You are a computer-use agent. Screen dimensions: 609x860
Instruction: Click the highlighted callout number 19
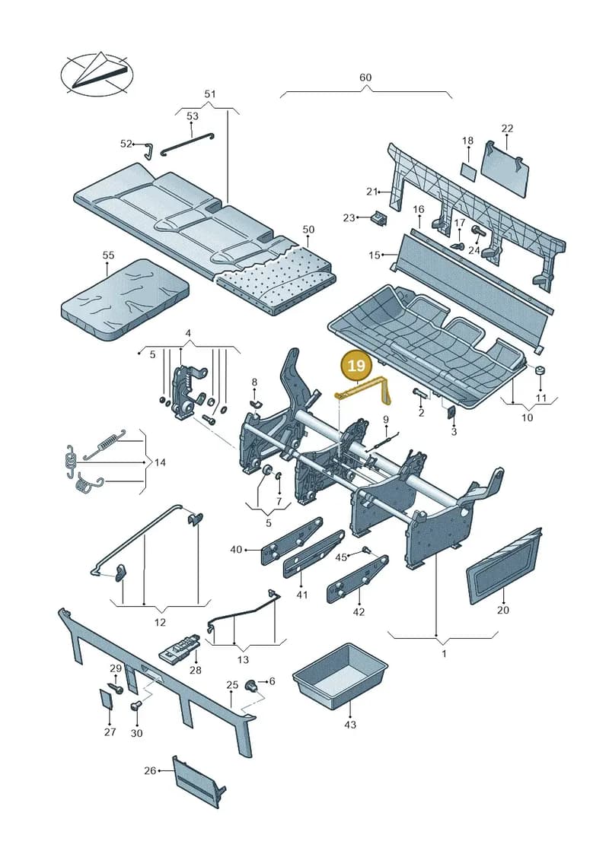pos(356,365)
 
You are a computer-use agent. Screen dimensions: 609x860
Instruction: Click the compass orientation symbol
pos(97,74)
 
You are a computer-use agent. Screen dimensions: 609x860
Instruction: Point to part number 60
pos(365,78)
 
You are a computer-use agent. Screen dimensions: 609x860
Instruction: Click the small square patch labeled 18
pos(468,170)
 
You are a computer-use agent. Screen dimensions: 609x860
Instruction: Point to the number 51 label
pos(210,94)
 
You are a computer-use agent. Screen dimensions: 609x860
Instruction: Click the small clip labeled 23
pos(379,217)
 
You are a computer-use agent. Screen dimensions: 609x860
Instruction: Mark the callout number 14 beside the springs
pos(160,462)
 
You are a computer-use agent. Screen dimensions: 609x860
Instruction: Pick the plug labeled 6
pos(251,684)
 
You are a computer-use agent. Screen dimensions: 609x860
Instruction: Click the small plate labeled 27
pos(106,700)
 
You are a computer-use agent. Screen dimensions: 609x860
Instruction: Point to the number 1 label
pos(445,653)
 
